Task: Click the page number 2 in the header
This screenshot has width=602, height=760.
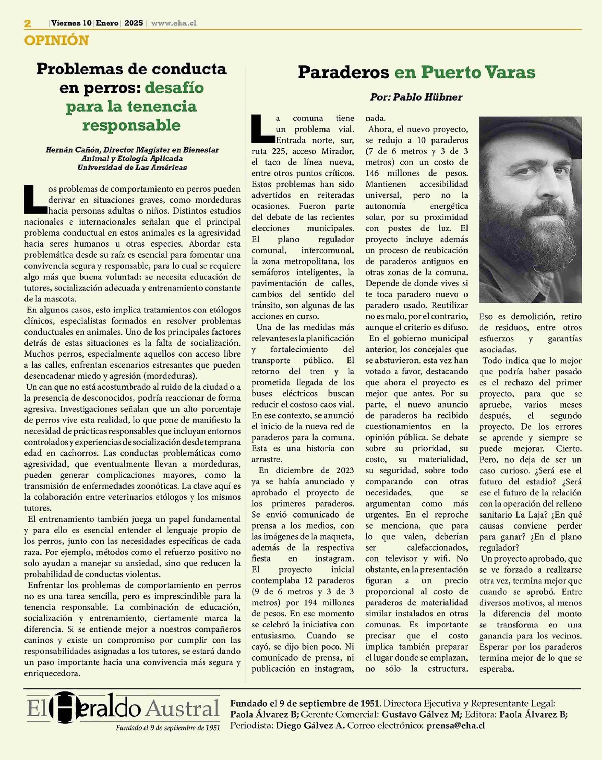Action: [x=27, y=24]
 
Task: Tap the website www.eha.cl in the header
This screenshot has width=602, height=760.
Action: [x=174, y=23]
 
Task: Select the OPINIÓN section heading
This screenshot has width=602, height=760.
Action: [x=56, y=41]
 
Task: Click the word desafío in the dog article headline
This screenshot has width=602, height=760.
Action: [x=174, y=88]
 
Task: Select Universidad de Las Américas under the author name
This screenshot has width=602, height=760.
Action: [x=132, y=167]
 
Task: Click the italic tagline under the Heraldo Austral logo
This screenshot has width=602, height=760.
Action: [x=168, y=728]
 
